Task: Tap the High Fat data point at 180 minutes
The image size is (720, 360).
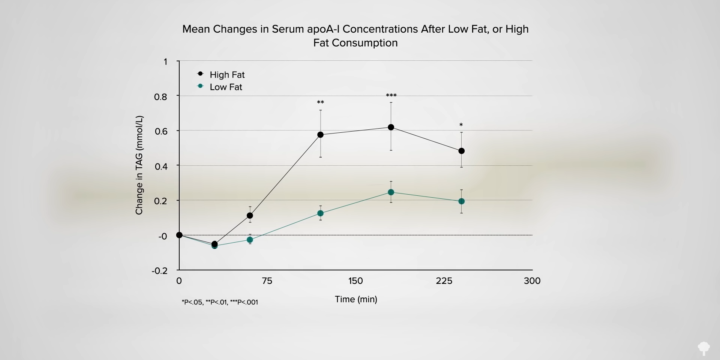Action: coord(391,127)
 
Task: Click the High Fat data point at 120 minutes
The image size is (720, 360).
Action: coord(320,135)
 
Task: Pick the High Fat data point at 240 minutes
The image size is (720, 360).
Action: coord(461,151)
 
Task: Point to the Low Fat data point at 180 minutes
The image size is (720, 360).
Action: coord(391,192)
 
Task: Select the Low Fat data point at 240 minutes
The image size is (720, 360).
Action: coord(461,201)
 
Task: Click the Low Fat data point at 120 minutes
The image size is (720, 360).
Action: coord(320,213)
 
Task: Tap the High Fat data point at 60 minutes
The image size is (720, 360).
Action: coord(250,216)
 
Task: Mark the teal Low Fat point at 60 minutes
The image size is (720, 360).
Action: coord(250,240)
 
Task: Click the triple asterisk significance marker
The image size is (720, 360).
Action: coord(391,96)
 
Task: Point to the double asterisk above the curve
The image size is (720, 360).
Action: coord(320,102)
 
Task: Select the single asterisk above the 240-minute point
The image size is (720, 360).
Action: coord(461,125)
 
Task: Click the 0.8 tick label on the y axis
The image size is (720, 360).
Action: coord(160,97)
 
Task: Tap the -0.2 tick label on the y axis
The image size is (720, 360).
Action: coord(159,271)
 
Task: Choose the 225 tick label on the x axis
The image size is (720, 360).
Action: coord(444,281)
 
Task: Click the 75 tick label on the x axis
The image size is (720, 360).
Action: coord(267,281)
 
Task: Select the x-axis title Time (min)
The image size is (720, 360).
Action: coord(356,299)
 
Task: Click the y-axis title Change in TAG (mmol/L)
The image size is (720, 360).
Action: coord(139,165)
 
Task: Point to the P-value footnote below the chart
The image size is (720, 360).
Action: coord(220,302)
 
